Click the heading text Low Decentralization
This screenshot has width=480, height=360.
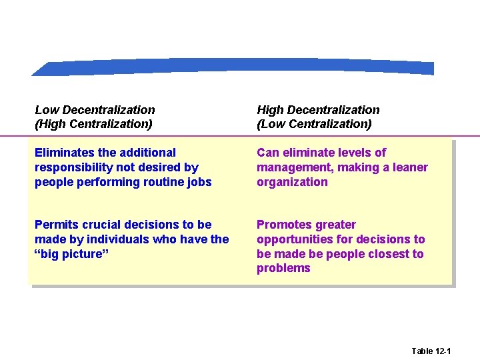click(95, 110)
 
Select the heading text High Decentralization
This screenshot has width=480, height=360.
click(318, 110)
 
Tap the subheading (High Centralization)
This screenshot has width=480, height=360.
click(93, 124)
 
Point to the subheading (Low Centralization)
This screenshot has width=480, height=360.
click(314, 124)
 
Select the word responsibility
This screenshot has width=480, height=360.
click(73, 167)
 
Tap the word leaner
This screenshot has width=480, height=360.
click(407, 167)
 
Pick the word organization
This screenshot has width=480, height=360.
click(292, 182)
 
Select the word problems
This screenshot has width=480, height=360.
click(283, 269)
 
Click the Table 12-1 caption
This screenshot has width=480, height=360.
click(431, 351)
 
